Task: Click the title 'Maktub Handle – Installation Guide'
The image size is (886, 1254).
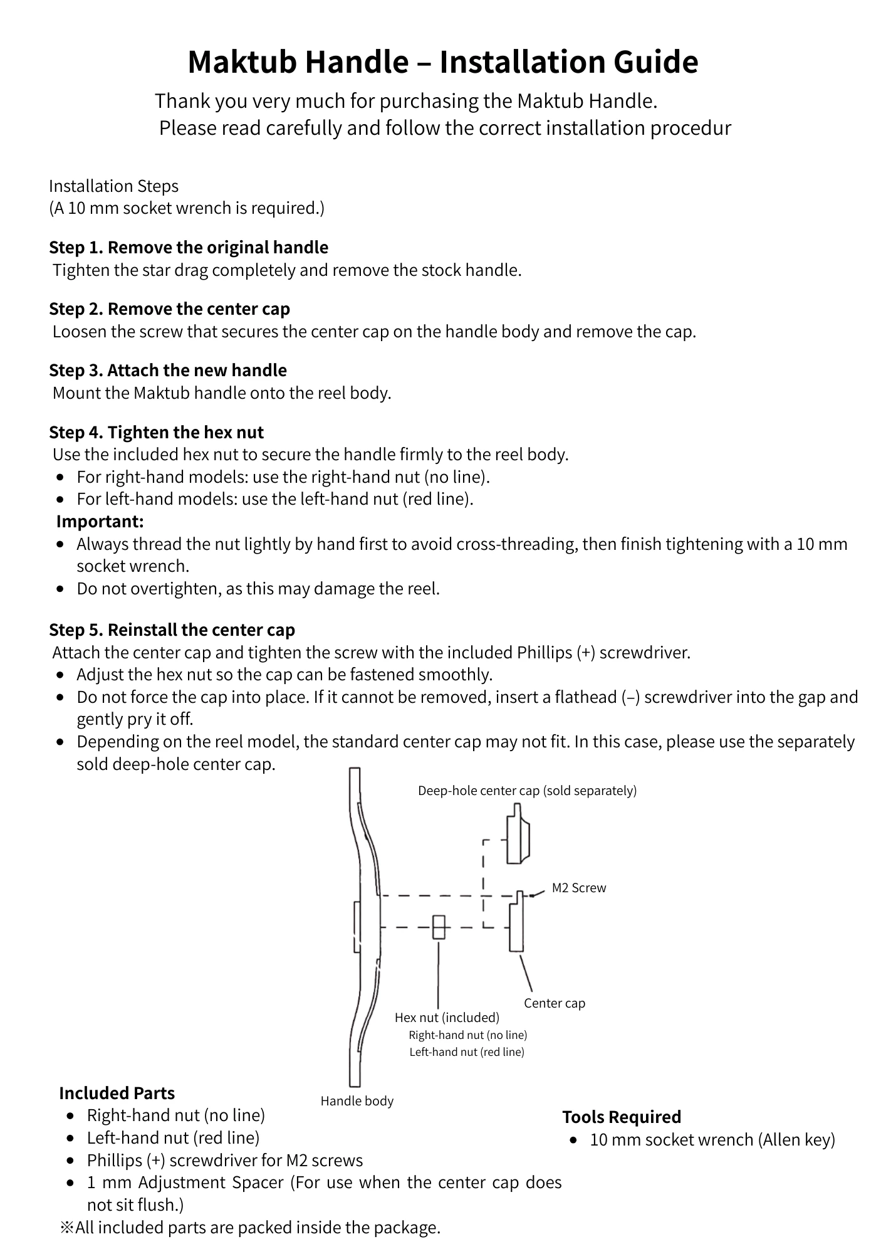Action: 442,62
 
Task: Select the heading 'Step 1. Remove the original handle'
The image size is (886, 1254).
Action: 189,248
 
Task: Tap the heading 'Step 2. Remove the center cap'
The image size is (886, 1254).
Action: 170,309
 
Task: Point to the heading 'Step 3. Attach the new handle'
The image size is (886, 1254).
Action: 168,371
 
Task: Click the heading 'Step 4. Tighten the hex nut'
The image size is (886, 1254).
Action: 157,433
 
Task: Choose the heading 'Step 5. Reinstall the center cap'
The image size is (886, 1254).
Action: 172,630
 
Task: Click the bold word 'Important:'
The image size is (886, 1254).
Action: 100,521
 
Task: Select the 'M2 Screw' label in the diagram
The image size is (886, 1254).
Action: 578,888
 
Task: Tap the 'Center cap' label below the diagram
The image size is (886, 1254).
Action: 555,1003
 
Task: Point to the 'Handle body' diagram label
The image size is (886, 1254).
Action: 357,1101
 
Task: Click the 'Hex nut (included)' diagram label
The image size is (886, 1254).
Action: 447,1017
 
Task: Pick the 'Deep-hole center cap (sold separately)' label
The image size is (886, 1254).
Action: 527,791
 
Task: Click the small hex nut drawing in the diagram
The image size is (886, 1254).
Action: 439,927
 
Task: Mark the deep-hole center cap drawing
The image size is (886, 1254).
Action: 518,835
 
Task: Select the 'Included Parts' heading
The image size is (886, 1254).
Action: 117,1093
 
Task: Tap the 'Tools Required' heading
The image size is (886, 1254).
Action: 622,1117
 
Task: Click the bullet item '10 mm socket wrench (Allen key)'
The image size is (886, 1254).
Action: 712,1140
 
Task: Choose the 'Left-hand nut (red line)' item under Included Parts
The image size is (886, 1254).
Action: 173,1137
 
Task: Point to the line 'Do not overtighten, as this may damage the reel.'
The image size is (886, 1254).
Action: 258,589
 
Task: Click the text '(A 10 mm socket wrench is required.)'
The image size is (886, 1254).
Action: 187,208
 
